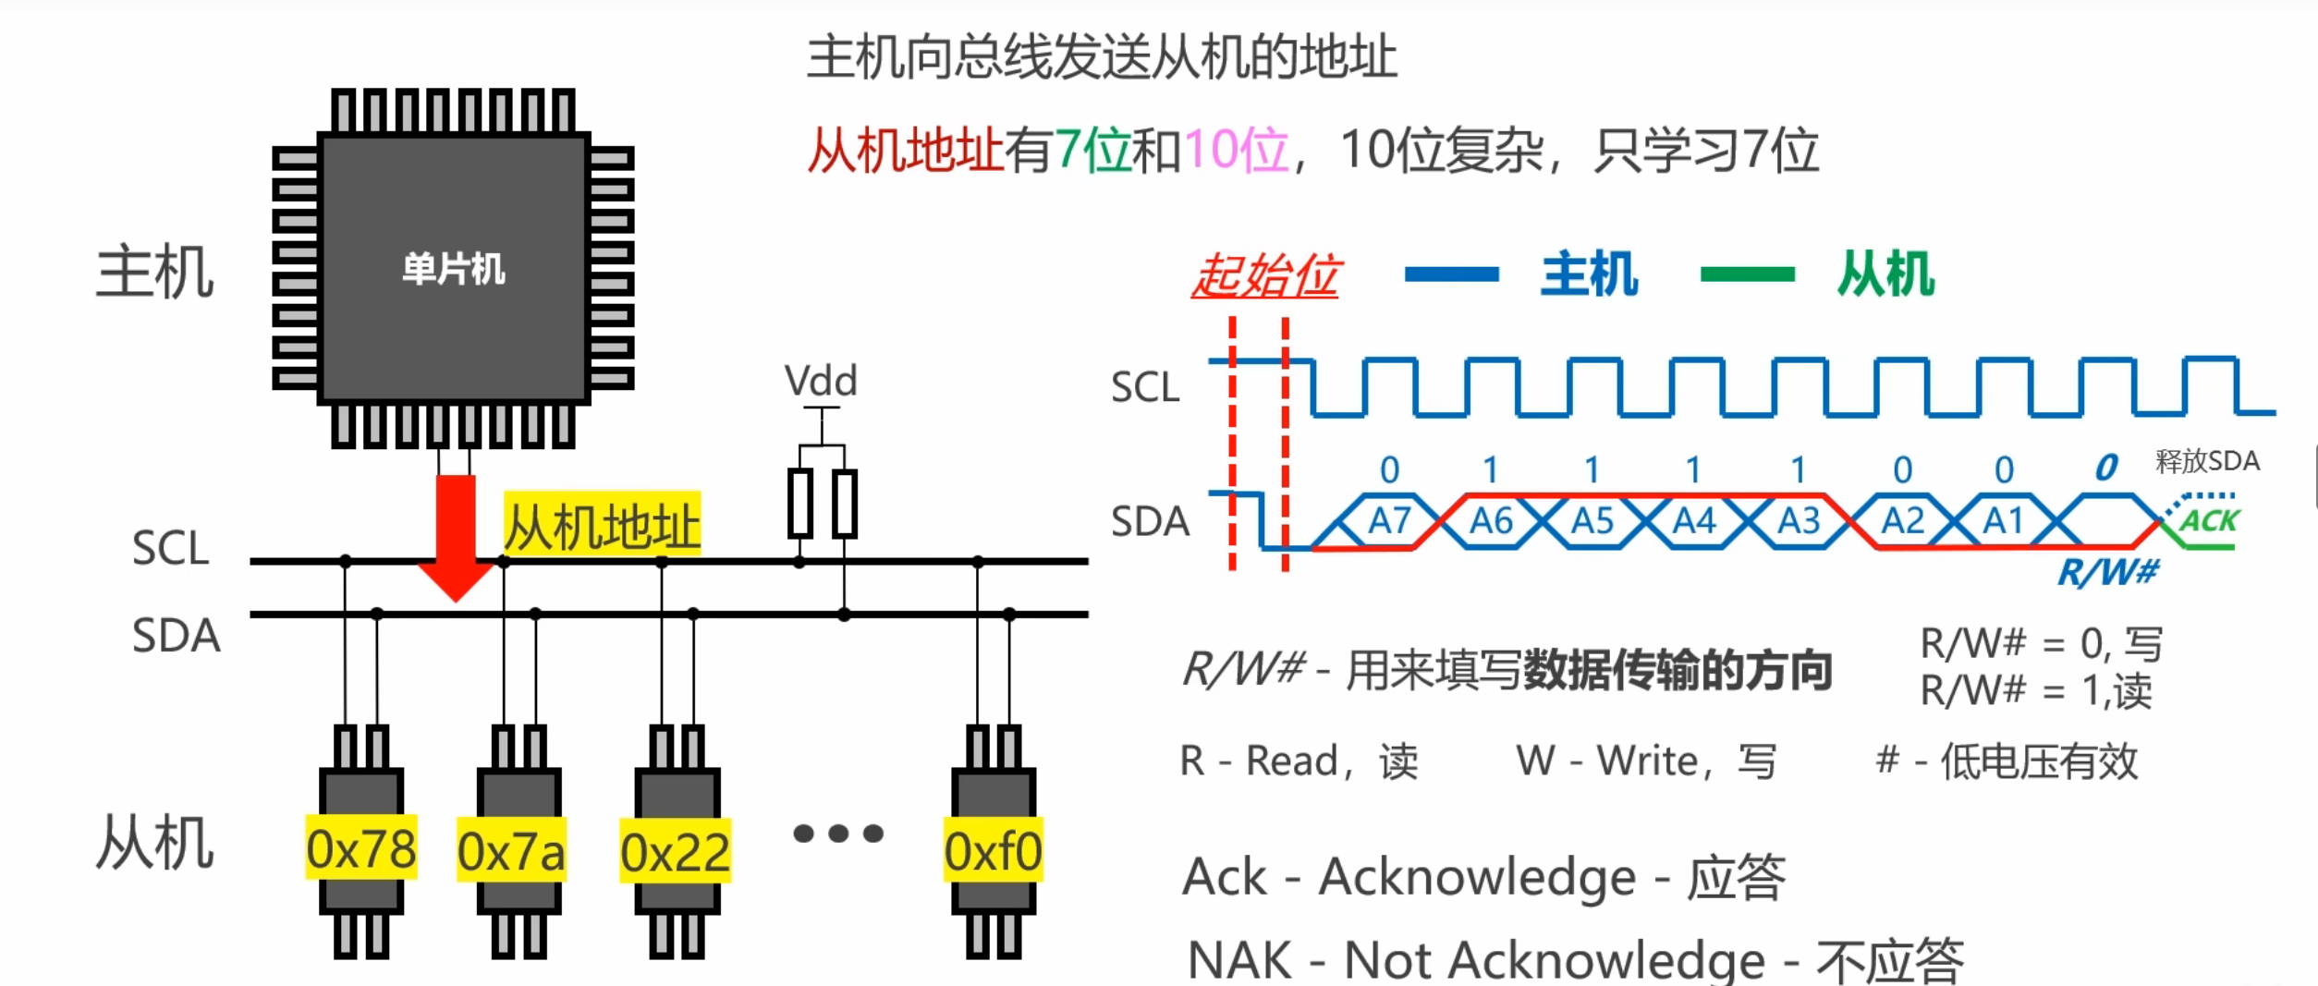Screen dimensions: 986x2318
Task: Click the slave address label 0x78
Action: (360, 848)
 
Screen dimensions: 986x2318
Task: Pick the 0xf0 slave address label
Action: (993, 850)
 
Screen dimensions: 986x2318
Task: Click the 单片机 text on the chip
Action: (454, 269)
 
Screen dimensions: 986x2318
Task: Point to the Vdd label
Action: (821, 381)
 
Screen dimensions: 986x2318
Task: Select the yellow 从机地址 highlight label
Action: (603, 526)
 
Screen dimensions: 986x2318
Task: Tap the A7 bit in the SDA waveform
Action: (1389, 521)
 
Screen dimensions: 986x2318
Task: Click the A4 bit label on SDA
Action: (1694, 521)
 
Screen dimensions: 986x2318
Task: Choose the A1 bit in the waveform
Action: (2003, 521)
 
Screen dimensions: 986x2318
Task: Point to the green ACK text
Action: (2208, 521)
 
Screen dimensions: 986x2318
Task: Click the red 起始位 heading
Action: (1265, 275)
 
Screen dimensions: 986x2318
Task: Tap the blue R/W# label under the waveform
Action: (2108, 572)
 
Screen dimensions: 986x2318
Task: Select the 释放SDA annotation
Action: (2207, 460)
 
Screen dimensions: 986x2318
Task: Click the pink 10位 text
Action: (1237, 150)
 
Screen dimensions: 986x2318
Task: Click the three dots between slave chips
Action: (838, 834)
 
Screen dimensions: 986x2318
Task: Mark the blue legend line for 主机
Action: (1451, 274)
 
